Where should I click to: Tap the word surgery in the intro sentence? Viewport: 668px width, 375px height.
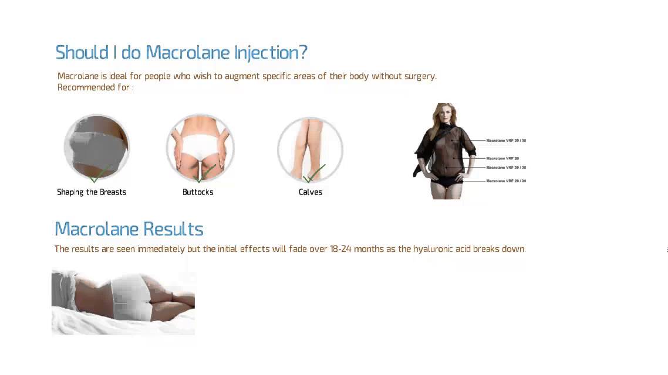420,76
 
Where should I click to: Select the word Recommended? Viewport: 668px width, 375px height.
86,87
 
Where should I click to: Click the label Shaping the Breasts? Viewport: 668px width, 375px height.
92,192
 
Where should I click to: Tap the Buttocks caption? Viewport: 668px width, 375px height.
198,192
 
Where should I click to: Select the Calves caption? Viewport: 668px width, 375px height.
311,192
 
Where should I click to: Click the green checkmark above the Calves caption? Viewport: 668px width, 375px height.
315,173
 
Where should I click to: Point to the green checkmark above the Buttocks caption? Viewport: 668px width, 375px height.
204,173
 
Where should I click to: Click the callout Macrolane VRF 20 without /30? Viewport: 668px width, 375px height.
502,158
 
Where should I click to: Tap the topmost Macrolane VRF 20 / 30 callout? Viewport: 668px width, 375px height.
506,141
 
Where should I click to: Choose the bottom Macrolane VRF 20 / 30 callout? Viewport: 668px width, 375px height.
506,181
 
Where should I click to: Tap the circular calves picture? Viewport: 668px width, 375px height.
310,148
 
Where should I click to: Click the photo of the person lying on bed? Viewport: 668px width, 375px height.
123,302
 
